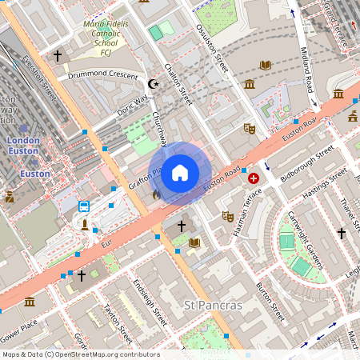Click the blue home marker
click(180, 172)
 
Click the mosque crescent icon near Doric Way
click(154, 84)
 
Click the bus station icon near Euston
click(84, 206)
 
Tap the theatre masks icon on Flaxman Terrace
click(227, 216)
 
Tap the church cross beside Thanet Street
click(342, 233)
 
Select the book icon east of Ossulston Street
click(266, 64)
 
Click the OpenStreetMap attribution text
click(80, 354)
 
